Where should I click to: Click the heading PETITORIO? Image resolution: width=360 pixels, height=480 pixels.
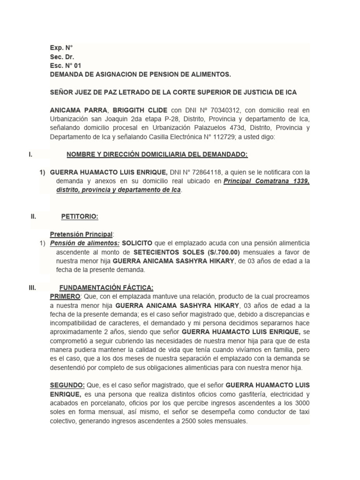pyautogui.click(x=80, y=217)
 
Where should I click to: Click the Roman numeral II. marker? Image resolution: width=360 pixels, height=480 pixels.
pyautogui.click(x=33, y=217)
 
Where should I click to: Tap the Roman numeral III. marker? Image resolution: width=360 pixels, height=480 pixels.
pyautogui.click(x=33, y=287)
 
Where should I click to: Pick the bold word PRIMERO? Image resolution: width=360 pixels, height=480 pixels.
pyautogui.click(x=65, y=297)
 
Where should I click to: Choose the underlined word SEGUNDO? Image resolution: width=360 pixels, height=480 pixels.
pyautogui.click(x=67, y=385)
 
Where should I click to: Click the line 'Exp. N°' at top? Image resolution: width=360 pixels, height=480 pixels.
pyautogui.click(x=61, y=47)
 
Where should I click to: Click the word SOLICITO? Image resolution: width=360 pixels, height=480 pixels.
pyautogui.click(x=137, y=243)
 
